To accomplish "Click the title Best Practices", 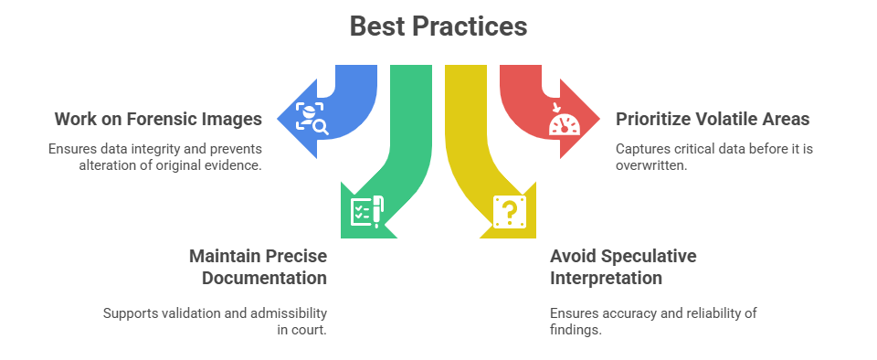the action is (x=438, y=26).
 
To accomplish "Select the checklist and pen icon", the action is (x=367, y=211).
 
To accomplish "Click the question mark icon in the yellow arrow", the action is (x=510, y=211).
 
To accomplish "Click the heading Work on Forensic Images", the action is (x=158, y=119).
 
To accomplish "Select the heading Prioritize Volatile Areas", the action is (x=713, y=119).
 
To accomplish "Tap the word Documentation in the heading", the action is (x=265, y=278).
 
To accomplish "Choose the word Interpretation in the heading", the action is (x=606, y=278).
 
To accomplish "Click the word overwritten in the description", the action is (x=651, y=165).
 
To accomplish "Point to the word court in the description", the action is (x=308, y=330).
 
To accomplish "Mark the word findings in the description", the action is (x=576, y=330).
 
